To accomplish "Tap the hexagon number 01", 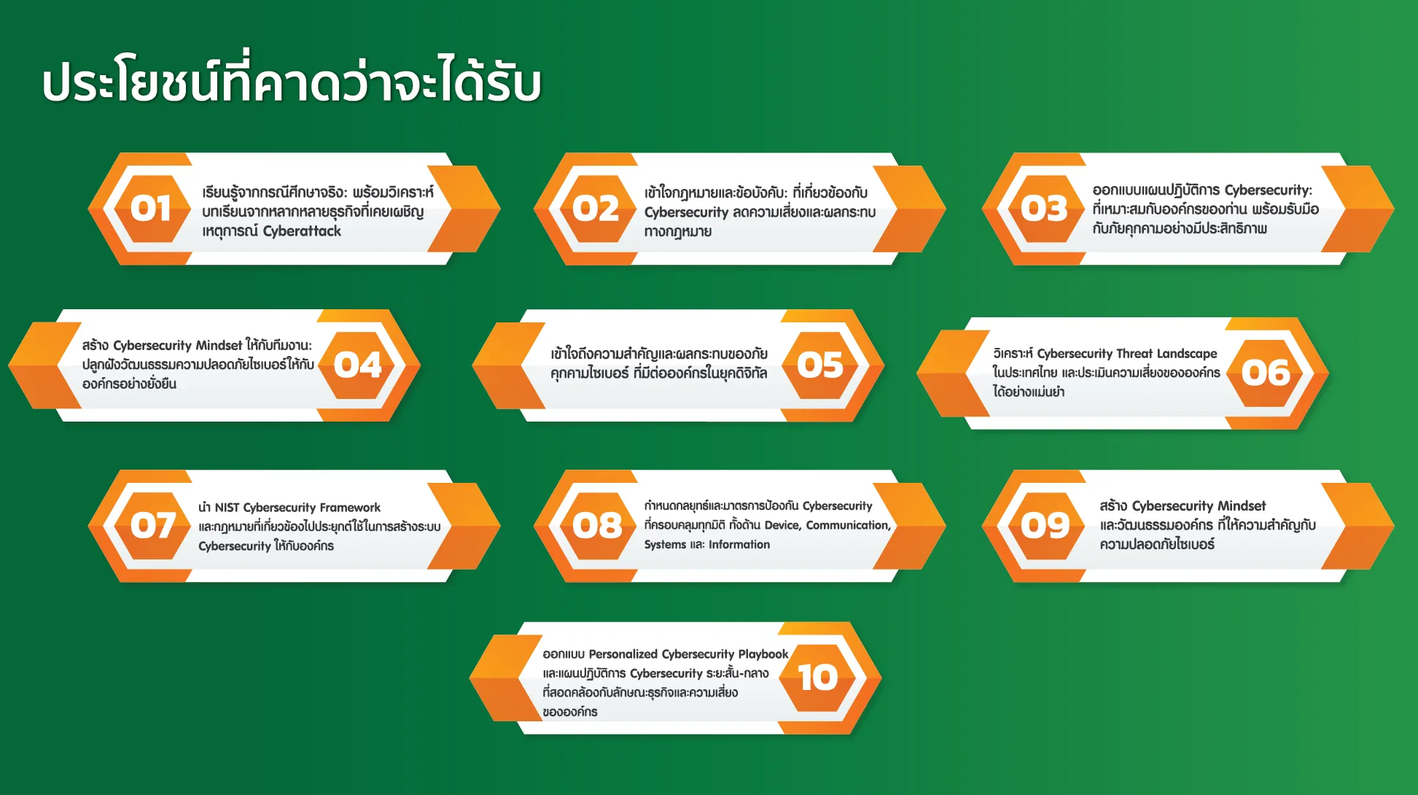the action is tap(151, 209).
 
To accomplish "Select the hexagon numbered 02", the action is tap(596, 209).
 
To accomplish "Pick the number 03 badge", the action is tap(1044, 209).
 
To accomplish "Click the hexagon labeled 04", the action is tap(358, 365).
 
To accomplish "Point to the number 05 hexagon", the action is tap(820, 365).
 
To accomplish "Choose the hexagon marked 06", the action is tap(1266, 373).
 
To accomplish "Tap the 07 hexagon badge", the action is tap(152, 525).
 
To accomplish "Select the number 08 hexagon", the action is tap(597, 525).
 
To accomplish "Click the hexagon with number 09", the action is tap(1045, 525).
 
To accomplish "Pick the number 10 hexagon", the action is tap(818, 678).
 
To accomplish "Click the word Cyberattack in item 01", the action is tap(302, 231).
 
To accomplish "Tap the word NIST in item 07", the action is tap(227, 508).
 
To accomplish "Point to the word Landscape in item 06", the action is tap(1187, 354).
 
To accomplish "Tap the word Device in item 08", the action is tap(782, 525).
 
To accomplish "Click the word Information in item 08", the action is tap(739, 545).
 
